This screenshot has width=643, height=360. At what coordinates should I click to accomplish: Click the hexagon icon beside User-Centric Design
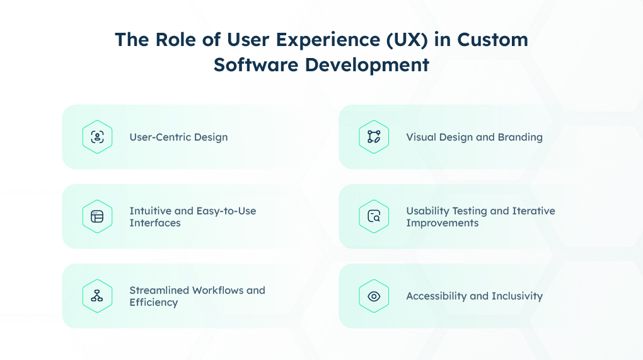[x=97, y=137]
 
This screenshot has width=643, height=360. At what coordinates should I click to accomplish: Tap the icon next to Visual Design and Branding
[x=374, y=137]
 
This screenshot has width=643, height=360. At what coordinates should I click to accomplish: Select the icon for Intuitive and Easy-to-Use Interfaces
[x=97, y=216]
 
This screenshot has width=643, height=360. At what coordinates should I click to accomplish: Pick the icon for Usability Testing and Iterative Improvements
[x=374, y=216]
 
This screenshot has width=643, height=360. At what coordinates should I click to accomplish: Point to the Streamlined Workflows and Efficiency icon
[x=97, y=296]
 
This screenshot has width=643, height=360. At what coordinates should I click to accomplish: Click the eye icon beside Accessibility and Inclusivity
[x=374, y=296]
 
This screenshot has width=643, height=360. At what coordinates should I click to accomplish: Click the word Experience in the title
[x=328, y=40]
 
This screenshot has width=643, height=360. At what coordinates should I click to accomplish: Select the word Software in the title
[x=256, y=65]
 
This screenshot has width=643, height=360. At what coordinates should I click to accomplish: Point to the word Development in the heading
[x=367, y=66]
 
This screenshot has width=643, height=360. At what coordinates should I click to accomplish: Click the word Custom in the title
[x=492, y=40]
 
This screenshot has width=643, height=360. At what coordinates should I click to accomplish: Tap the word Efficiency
[x=154, y=303]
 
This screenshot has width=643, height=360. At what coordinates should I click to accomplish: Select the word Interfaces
[x=155, y=223]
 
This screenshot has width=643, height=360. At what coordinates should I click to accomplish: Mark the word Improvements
[x=443, y=223]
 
